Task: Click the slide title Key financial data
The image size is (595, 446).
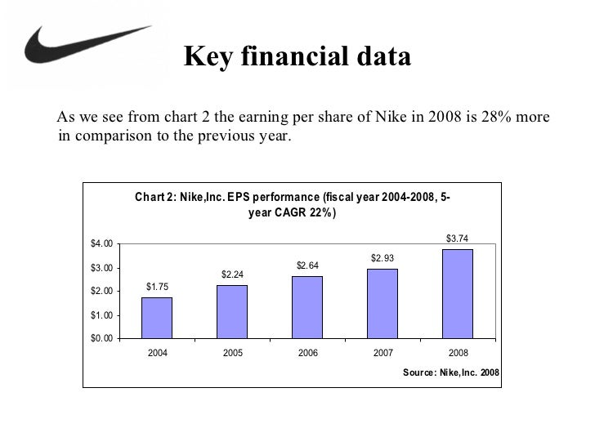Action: [x=297, y=57]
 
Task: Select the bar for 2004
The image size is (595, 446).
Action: [x=157, y=317]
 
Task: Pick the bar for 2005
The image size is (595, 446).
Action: [x=232, y=311]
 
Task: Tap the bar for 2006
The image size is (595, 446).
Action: [x=307, y=306]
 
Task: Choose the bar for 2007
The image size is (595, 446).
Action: [x=382, y=303]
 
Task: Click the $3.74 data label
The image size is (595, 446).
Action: [x=457, y=239]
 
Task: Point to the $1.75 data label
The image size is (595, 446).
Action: [x=157, y=286]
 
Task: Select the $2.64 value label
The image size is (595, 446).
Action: [x=307, y=265]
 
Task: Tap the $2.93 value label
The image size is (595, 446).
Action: [x=382, y=258]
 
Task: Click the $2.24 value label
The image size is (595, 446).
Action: [x=232, y=274]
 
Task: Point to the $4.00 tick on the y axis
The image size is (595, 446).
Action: [x=101, y=244]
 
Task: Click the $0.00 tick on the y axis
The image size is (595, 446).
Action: [x=101, y=338]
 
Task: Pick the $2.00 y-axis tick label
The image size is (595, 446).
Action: [x=101, y=292]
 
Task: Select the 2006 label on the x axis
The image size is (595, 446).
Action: [x=307, y=355]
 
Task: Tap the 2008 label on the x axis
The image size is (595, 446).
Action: [x=457, y=355]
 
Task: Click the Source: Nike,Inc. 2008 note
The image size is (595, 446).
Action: [x=451, y=372]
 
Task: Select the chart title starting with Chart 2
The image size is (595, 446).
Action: [x=292, y=205]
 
